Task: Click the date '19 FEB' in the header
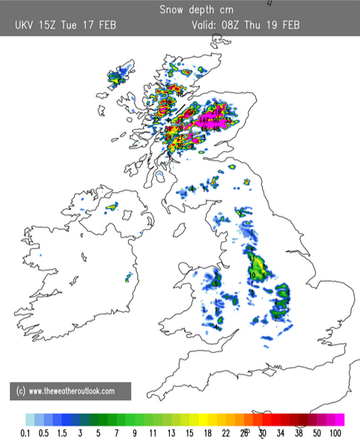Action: click(284, 25)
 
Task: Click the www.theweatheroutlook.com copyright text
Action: click(71, 391)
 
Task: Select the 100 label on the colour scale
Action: click(336, 433)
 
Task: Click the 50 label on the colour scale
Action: click(317, 433)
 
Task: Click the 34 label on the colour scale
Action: click(278, 433)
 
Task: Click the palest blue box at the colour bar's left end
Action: click(29, 419)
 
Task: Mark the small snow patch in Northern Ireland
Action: click(112, 206)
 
